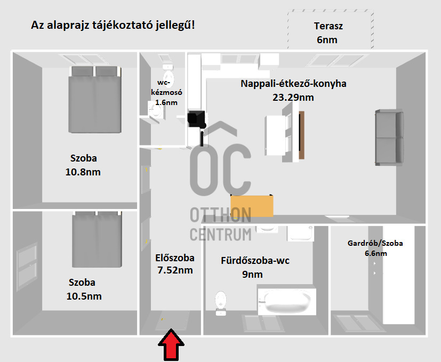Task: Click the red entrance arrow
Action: [x=171, y=345]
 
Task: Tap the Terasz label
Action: [x=328, y=26]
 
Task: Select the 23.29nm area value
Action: [x=293, y=98]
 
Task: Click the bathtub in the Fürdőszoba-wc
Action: [x=287, y=302]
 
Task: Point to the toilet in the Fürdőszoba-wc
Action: [x=221, y=303]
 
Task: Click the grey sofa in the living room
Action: [x=389, y=137]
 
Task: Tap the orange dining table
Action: [x=252, y=206]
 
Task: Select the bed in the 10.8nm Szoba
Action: [x=95, y=99]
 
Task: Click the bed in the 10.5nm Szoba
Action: [x=97, y=239]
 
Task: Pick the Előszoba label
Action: [x=175, y=258]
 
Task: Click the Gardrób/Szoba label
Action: [x=375, y=243]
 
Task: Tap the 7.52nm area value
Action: [x=175, y=270]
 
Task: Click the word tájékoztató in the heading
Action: [x=119, y=25]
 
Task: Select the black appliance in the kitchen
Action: [x=197, y=119]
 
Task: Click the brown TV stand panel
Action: [x=301, y=135]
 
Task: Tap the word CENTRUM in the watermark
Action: [x=221, y=234]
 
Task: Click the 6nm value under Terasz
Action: [x=327, y=40]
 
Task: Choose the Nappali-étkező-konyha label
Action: [x=293, y=84]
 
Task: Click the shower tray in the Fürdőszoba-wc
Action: [x=300, y=233]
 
